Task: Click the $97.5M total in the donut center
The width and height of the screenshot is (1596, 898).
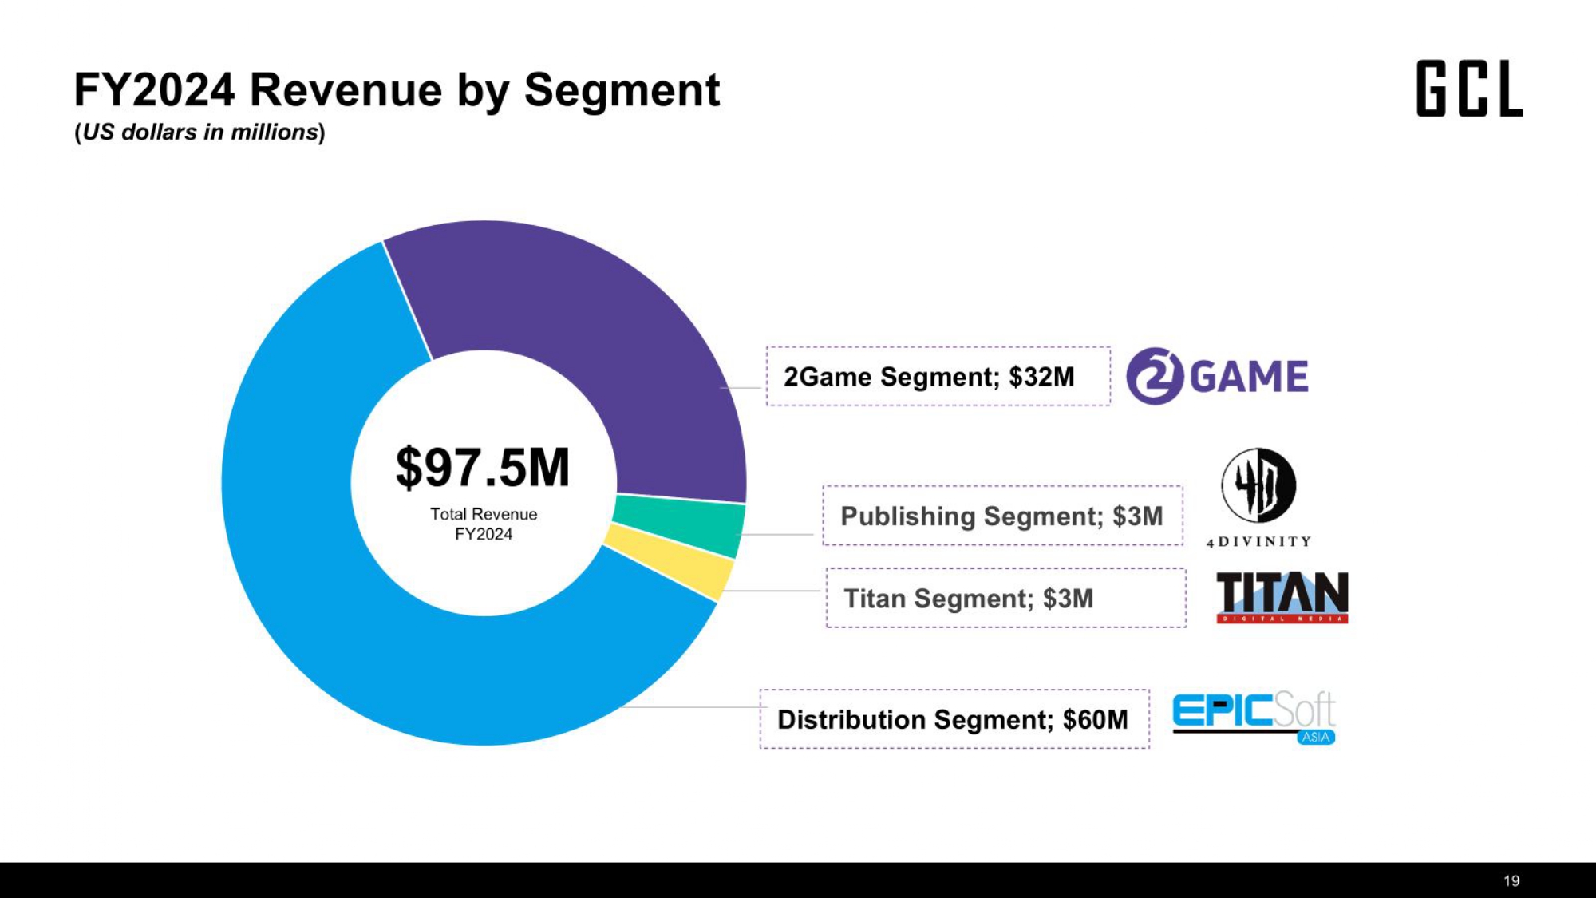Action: (x=483, y=468)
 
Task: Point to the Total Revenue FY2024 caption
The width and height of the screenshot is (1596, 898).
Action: (x=484, y=524)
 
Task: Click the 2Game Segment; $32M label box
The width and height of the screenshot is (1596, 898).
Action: (x=938, y=376)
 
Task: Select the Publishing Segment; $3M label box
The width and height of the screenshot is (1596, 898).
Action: (x=1002, y=516)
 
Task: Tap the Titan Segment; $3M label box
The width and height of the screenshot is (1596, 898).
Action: (x=1005, y=598)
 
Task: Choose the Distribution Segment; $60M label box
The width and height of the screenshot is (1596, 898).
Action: (x=954, y=718)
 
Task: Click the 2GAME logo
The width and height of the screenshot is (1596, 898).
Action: (x=1217, y=376)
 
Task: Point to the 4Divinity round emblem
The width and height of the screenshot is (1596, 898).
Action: (x=1258, y=485)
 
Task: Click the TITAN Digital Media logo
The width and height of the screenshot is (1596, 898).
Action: (x=1282, y=597)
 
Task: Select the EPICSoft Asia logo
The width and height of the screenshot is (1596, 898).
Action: (x=1254, y=717)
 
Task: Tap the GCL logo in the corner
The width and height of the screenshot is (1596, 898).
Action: (x=1469, y=89)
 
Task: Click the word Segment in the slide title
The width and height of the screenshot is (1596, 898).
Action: (x=622, y=89)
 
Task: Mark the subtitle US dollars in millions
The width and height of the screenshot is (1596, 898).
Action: (x=199, y=133)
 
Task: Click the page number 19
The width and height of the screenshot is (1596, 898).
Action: (x=1511, y=880)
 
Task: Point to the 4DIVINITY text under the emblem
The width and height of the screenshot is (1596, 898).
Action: (x=1258, y=542)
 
